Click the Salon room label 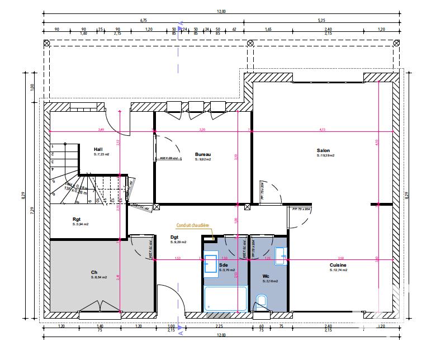tap(323, 150)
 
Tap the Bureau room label tap(202, 154)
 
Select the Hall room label tap(98, 149)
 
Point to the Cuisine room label tap(338, 265)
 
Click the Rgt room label tap(77, 219)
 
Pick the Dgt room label tap(174, 237)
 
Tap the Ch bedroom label tap(94, 272)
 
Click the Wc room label tap(266, 276)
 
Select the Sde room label tap(224, 265)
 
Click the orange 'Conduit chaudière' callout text tap(193, 226)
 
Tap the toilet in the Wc tap(262, 302)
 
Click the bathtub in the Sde tap(225, 299)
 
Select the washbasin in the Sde tap(211, 264)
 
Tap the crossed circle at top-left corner tap(47, 44)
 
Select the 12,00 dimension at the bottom tap(221, 335)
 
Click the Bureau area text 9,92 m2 tap(203, 159)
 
